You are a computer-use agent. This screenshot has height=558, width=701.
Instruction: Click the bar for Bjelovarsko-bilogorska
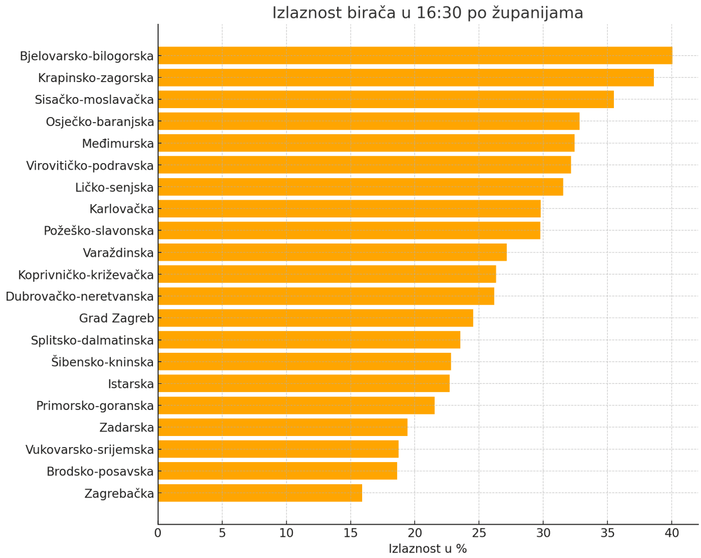[x=415, y=55]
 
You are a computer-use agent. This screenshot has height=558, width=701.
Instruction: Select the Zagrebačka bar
[x=260, y=493]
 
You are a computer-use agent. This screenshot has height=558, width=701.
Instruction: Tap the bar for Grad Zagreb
[x=316, y=318]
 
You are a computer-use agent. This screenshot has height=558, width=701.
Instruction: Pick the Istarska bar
[x=304, y=384]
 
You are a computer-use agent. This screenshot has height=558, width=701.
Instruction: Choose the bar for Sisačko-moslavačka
[x=386, y=99]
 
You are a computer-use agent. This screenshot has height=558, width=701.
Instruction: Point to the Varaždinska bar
[x=332, y=252]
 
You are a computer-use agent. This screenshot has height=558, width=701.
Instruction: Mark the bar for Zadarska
[x=283, y=428]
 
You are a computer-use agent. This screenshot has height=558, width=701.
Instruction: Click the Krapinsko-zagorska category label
[x=95, y=78]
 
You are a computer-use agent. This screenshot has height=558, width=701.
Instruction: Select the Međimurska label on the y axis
[x=118, y=144]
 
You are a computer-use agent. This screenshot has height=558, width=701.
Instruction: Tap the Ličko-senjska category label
[x=114, y=187]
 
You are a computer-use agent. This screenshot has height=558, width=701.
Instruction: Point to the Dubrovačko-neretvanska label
[x=79, y=297]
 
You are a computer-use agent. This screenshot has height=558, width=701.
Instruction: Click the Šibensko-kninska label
[x=102, y=362]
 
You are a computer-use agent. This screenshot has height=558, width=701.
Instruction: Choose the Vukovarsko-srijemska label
[x=89, y=450]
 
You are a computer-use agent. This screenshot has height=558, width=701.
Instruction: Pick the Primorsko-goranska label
[x=95, y=406]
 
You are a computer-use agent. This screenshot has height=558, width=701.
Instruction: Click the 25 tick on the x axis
[x=479, y=534]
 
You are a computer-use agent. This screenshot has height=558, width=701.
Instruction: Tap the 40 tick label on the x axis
[x=672, y=534]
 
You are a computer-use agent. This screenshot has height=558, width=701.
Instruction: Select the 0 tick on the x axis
[x=158, y=534]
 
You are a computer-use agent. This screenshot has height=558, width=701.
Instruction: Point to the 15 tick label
[x=350, y=534]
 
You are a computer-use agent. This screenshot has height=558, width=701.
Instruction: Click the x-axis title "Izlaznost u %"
[x=428, y=549]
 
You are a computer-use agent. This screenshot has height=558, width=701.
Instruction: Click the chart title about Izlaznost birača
[x=428, y=13]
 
